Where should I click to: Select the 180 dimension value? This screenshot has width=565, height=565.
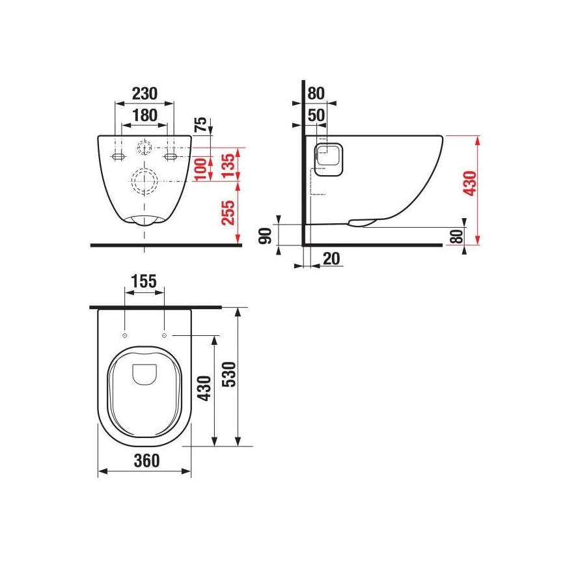[x=144, y=115]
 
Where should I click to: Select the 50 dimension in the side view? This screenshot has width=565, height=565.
[x=316, y=115]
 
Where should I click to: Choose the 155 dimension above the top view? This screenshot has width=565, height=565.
[x=143, y=281]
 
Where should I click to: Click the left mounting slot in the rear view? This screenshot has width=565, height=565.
[x=118, y=156]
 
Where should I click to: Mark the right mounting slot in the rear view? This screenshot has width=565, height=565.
[x=171, y=156]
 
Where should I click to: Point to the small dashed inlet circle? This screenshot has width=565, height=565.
[x=144, y=148]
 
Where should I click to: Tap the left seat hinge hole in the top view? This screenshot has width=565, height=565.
[x=123, y=335]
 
